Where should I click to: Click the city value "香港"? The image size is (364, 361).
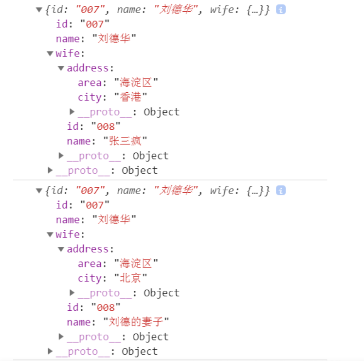coord(131,97)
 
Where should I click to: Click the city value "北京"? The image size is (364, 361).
coord(131,278)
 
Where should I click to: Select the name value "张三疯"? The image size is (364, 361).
coord(126,141)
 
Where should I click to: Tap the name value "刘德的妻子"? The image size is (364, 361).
coord(136,322)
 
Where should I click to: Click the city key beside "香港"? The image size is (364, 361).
coord(89,97)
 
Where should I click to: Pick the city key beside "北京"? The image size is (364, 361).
coord(89,278)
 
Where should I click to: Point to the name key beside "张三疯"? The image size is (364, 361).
coord(78,141)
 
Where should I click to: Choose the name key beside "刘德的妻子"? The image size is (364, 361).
coord(78,322)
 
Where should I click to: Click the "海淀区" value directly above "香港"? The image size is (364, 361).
coord(136,82)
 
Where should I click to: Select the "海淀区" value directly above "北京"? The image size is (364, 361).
coord(136,263)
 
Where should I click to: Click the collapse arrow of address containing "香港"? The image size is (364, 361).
coord(61,68)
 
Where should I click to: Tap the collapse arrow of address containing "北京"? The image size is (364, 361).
coord(61,249)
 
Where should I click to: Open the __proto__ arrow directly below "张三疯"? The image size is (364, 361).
coord(61,156)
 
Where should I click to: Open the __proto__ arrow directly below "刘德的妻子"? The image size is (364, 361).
coord(61,337)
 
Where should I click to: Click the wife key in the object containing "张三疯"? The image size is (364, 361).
coord(67,53)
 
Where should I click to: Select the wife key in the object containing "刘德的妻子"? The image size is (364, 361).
coord(67,234)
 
